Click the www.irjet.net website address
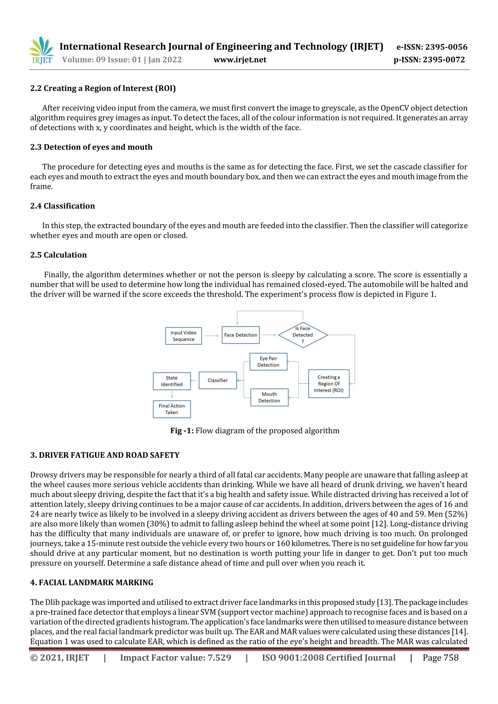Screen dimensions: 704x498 pos(240,60)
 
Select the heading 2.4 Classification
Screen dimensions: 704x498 pos(62,206)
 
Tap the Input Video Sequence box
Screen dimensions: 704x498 pos(184,336)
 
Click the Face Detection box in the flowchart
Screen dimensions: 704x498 pos(240,335)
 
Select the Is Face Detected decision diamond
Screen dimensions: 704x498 pos(303,335)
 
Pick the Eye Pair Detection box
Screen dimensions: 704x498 pos(268,362)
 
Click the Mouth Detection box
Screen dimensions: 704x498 pos(269,397)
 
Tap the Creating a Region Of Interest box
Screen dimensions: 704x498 pos(329,383)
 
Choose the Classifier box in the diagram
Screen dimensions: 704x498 pos(218,380)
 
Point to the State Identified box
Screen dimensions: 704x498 pos(172,381)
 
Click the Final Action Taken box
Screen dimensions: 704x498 pos(172,409)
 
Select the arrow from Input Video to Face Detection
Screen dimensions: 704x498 pos(212,336)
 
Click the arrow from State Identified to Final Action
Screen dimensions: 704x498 pos(172,394)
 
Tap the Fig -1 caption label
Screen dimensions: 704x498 pos(182,431)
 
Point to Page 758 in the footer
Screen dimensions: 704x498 pos(440,657)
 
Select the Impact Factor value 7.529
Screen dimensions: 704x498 pos(176,657)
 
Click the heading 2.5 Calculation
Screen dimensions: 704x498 pos(59,255)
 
